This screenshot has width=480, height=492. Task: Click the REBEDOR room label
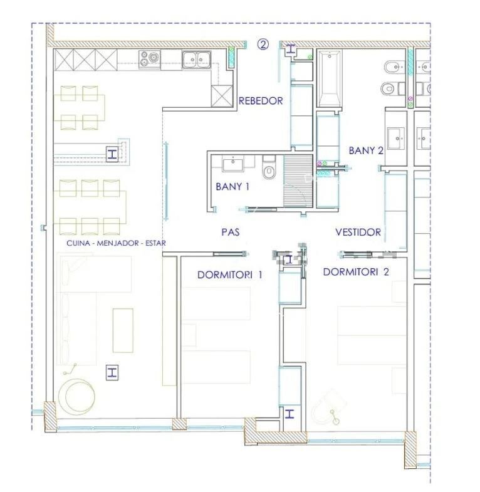(261, 101)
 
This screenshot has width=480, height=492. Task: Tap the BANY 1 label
(232, 187)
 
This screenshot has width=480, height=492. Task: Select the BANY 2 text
(366, 150)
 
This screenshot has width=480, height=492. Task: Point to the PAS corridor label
(231, 232)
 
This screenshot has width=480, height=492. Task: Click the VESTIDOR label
(358, 232)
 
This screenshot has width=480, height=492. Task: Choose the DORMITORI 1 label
(229, 275)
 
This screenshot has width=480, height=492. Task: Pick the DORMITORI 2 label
(356, 272)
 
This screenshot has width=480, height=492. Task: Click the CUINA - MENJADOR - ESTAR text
(116, 243)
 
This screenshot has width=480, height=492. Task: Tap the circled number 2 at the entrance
(263, 44)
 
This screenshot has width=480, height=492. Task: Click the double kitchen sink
(196, 60)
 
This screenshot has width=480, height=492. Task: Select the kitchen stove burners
(149, 59)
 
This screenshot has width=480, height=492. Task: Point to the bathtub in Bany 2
(329, 79)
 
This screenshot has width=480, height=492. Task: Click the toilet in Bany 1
(269, 168)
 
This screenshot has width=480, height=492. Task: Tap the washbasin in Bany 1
(232, 165)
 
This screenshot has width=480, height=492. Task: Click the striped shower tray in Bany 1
(298, 181)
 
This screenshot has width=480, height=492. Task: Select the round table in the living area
(80, 397)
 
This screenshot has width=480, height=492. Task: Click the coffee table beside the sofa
(123, 330)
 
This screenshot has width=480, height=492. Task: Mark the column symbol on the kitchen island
(112, 154)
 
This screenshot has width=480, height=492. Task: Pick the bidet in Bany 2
(394, 67)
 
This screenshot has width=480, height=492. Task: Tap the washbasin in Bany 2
(396, 139)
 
